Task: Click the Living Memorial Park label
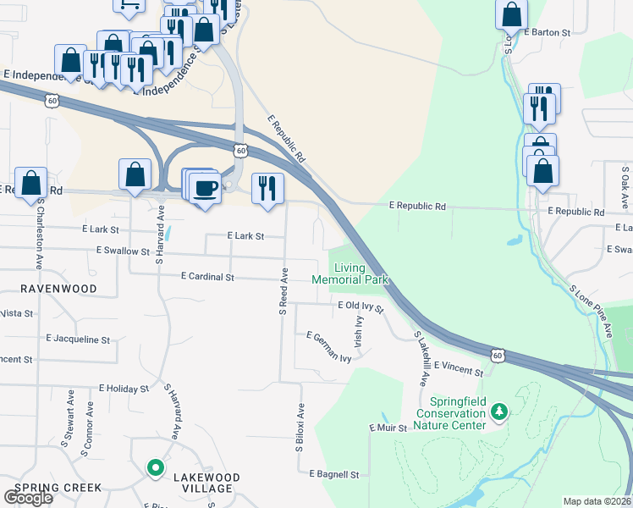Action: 350,273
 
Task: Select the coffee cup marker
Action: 205,188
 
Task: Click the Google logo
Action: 28,498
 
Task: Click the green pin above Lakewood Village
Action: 155,467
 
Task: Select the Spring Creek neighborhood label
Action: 58,488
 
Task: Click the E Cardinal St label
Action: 206,277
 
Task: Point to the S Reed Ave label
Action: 284,292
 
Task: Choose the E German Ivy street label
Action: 329,346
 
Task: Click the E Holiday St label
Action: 124,389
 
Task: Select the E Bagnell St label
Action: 334,474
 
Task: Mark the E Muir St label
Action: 388,428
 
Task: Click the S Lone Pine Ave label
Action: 591,311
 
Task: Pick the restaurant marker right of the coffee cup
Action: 267,189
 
